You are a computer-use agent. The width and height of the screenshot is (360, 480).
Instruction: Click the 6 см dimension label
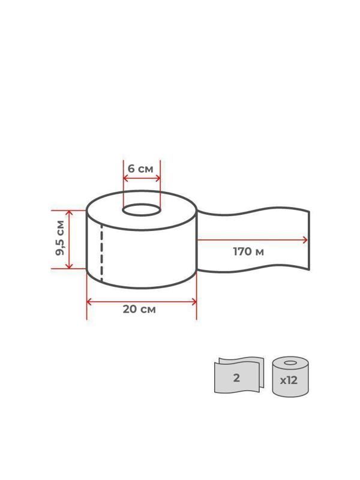point(140,169)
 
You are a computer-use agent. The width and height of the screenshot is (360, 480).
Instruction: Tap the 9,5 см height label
point(60,238)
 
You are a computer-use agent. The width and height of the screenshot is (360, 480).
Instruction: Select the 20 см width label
point(139,309)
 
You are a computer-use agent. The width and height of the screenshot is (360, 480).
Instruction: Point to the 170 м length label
point(248,251)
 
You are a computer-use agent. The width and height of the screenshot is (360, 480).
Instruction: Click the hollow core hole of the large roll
point(142,210)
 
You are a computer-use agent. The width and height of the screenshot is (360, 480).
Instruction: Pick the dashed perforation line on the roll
point(101,253)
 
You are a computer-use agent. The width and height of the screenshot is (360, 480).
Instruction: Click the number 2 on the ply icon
point(236,378)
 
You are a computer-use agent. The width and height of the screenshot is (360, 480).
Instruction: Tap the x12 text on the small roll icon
point(289,380)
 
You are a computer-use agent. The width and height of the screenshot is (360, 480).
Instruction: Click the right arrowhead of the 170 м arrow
point(305,240)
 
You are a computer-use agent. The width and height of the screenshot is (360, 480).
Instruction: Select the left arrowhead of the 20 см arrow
point(89,302)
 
